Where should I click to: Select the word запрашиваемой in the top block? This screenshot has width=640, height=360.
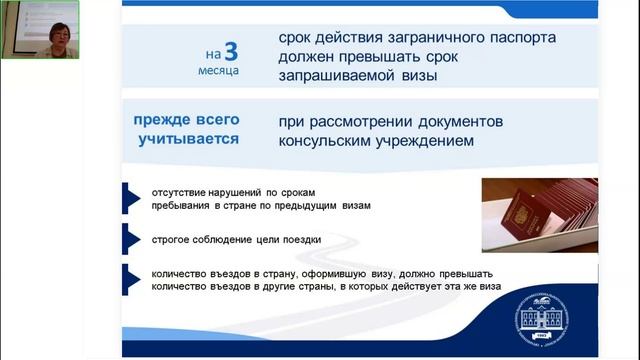coord(336,76)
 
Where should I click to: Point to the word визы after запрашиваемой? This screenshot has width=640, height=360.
coord(418,76)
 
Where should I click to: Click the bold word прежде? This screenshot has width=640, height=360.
coord(165,120)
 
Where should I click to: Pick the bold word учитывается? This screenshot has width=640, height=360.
coord(188,139)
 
